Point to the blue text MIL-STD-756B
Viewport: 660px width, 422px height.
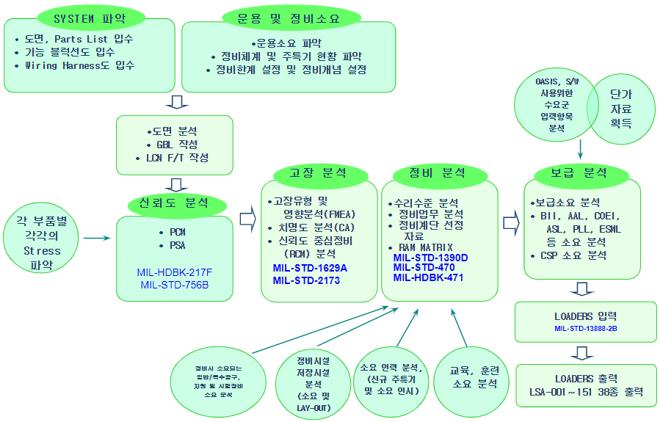click(x=173, y=285)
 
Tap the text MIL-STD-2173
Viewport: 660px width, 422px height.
click(x=305, y=280)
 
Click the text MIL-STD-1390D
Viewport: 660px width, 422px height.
click(x=430, y=258)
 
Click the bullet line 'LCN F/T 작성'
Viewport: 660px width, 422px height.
click(x=173, y=158)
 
